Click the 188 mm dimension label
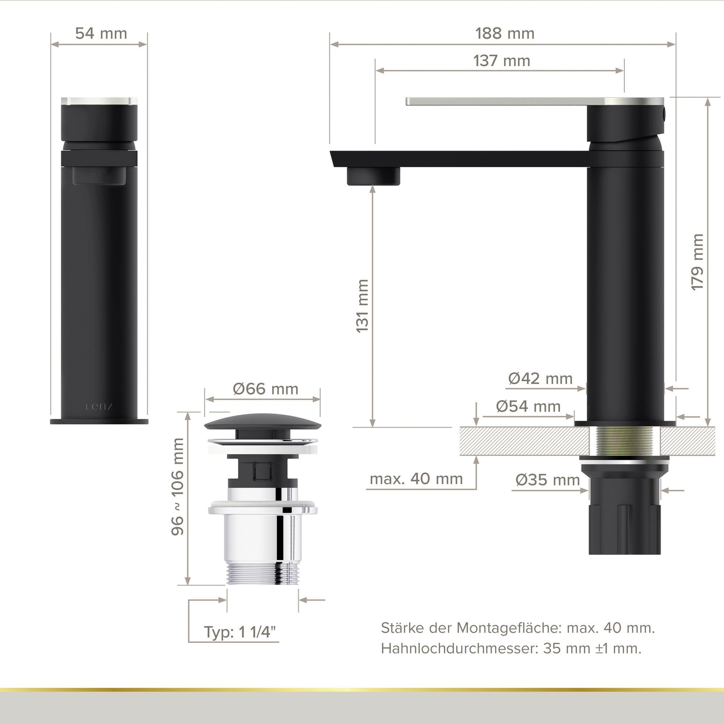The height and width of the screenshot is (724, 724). click(x=505, y=34)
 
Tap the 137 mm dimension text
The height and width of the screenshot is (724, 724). click(x=502, y=61)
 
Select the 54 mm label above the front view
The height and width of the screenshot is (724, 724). click(x=101, y=34)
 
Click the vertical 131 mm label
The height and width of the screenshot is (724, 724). click(x=362, y=306)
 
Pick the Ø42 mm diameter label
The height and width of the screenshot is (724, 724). click(x=540, y=379)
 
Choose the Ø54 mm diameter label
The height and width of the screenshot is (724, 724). click(x=529, y=406)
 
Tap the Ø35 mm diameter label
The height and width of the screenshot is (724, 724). click(x=548, y=480)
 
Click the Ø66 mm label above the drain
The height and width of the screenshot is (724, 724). click(x=266, y=389)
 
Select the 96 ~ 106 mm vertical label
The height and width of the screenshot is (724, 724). click(x=178, y=487)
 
